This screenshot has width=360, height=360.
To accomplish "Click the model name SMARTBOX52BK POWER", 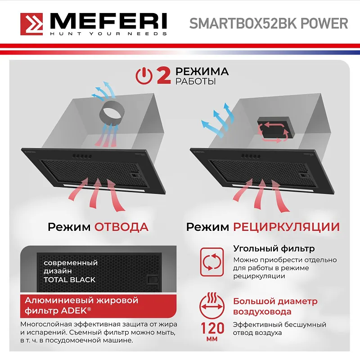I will click(268, 24).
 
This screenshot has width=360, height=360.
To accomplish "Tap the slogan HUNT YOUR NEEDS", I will click(108, 34).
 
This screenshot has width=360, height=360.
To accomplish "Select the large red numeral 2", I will click(163, 76).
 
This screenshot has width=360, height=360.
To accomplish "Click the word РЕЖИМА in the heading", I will click(202, 72).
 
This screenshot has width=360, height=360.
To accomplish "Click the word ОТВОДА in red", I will click(121, 226).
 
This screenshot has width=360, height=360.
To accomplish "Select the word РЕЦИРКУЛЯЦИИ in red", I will click(286, 226).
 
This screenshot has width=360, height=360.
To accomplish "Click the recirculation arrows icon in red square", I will click(211, 262).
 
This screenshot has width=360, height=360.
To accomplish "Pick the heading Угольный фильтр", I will click(274, 248).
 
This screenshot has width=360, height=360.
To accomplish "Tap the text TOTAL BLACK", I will click(69, 279).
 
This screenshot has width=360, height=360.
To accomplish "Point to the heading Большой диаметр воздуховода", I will click(275, 306).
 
